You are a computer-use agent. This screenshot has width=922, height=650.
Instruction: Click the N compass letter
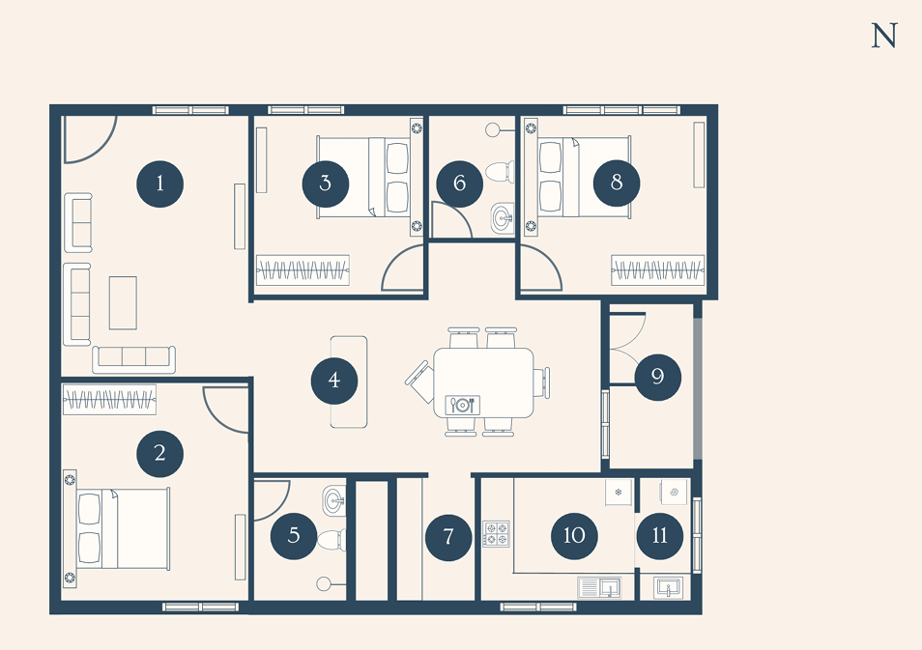883,36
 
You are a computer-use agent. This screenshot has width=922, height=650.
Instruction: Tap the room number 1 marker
159,184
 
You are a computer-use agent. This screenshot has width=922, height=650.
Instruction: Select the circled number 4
334,381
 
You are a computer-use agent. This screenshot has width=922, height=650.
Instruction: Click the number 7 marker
448,537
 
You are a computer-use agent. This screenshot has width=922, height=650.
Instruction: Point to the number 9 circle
658,378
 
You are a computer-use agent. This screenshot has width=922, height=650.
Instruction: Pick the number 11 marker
660,536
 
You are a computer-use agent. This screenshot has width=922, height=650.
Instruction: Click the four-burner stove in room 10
497,534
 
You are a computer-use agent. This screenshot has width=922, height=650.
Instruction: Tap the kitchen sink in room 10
599,587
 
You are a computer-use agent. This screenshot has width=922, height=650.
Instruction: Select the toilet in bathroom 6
500,172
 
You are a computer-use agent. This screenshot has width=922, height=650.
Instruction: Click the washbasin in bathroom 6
503,218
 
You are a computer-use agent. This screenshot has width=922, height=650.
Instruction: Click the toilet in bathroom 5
331,541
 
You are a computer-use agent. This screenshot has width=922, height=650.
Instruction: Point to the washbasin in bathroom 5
334,501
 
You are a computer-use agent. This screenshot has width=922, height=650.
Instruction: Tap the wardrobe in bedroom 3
303,270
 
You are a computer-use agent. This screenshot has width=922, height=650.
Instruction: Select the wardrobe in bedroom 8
658,270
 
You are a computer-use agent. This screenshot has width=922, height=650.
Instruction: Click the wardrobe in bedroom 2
109,400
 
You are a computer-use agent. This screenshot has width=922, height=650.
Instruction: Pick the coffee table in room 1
123,303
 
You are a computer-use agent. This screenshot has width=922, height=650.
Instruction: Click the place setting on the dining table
462,405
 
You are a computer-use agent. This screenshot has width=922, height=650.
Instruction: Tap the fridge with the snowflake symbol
619,492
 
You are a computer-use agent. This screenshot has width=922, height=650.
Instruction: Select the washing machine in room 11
674,492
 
